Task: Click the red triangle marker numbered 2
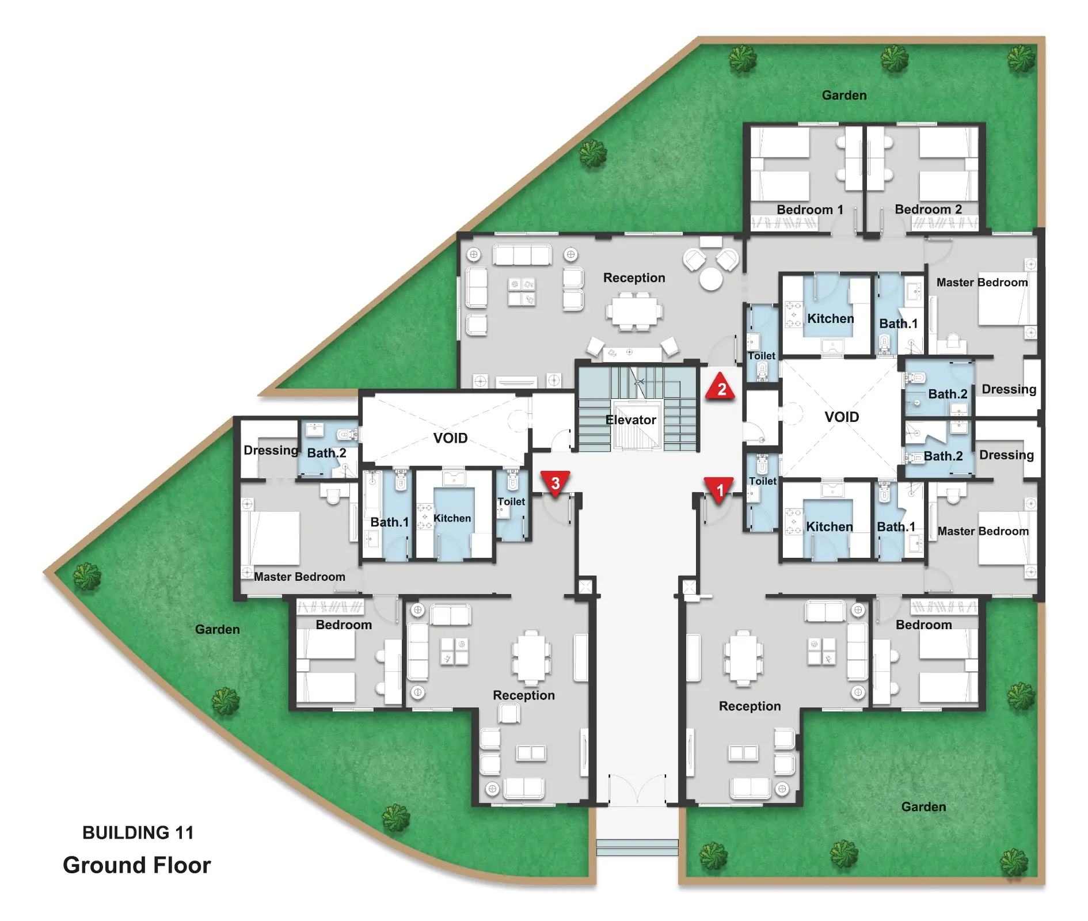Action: click(x=720, y=386)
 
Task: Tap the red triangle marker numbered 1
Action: click(x=719, y=489)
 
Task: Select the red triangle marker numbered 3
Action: click(x=555, y=482)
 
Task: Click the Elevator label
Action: click(x=630, y=420)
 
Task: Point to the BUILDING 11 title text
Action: click(x=138, y=832)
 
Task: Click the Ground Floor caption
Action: click(x=137, y=865)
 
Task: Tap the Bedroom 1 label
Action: click(x=809, y=210)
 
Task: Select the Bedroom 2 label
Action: click(x=928, y=210)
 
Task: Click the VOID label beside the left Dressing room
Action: click(x=450, y=438)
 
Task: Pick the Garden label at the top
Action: click(x=844, y=95)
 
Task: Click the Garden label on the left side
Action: click(x=217, y=629)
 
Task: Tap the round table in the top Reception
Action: click(x=710, y=279)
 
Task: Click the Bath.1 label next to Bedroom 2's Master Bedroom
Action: click(x=898, y=324)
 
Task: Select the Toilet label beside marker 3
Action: click(x=511, y=501)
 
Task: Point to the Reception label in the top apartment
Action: click(x=634, y=278)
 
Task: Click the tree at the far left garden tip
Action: click(x=86, y=576)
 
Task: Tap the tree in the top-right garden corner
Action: click(x=1021, y=59)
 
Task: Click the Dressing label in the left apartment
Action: click(x=271, y=450)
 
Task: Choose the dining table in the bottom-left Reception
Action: click(x=531, y=657)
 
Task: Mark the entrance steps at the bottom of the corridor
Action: click(x=637, y=847)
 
